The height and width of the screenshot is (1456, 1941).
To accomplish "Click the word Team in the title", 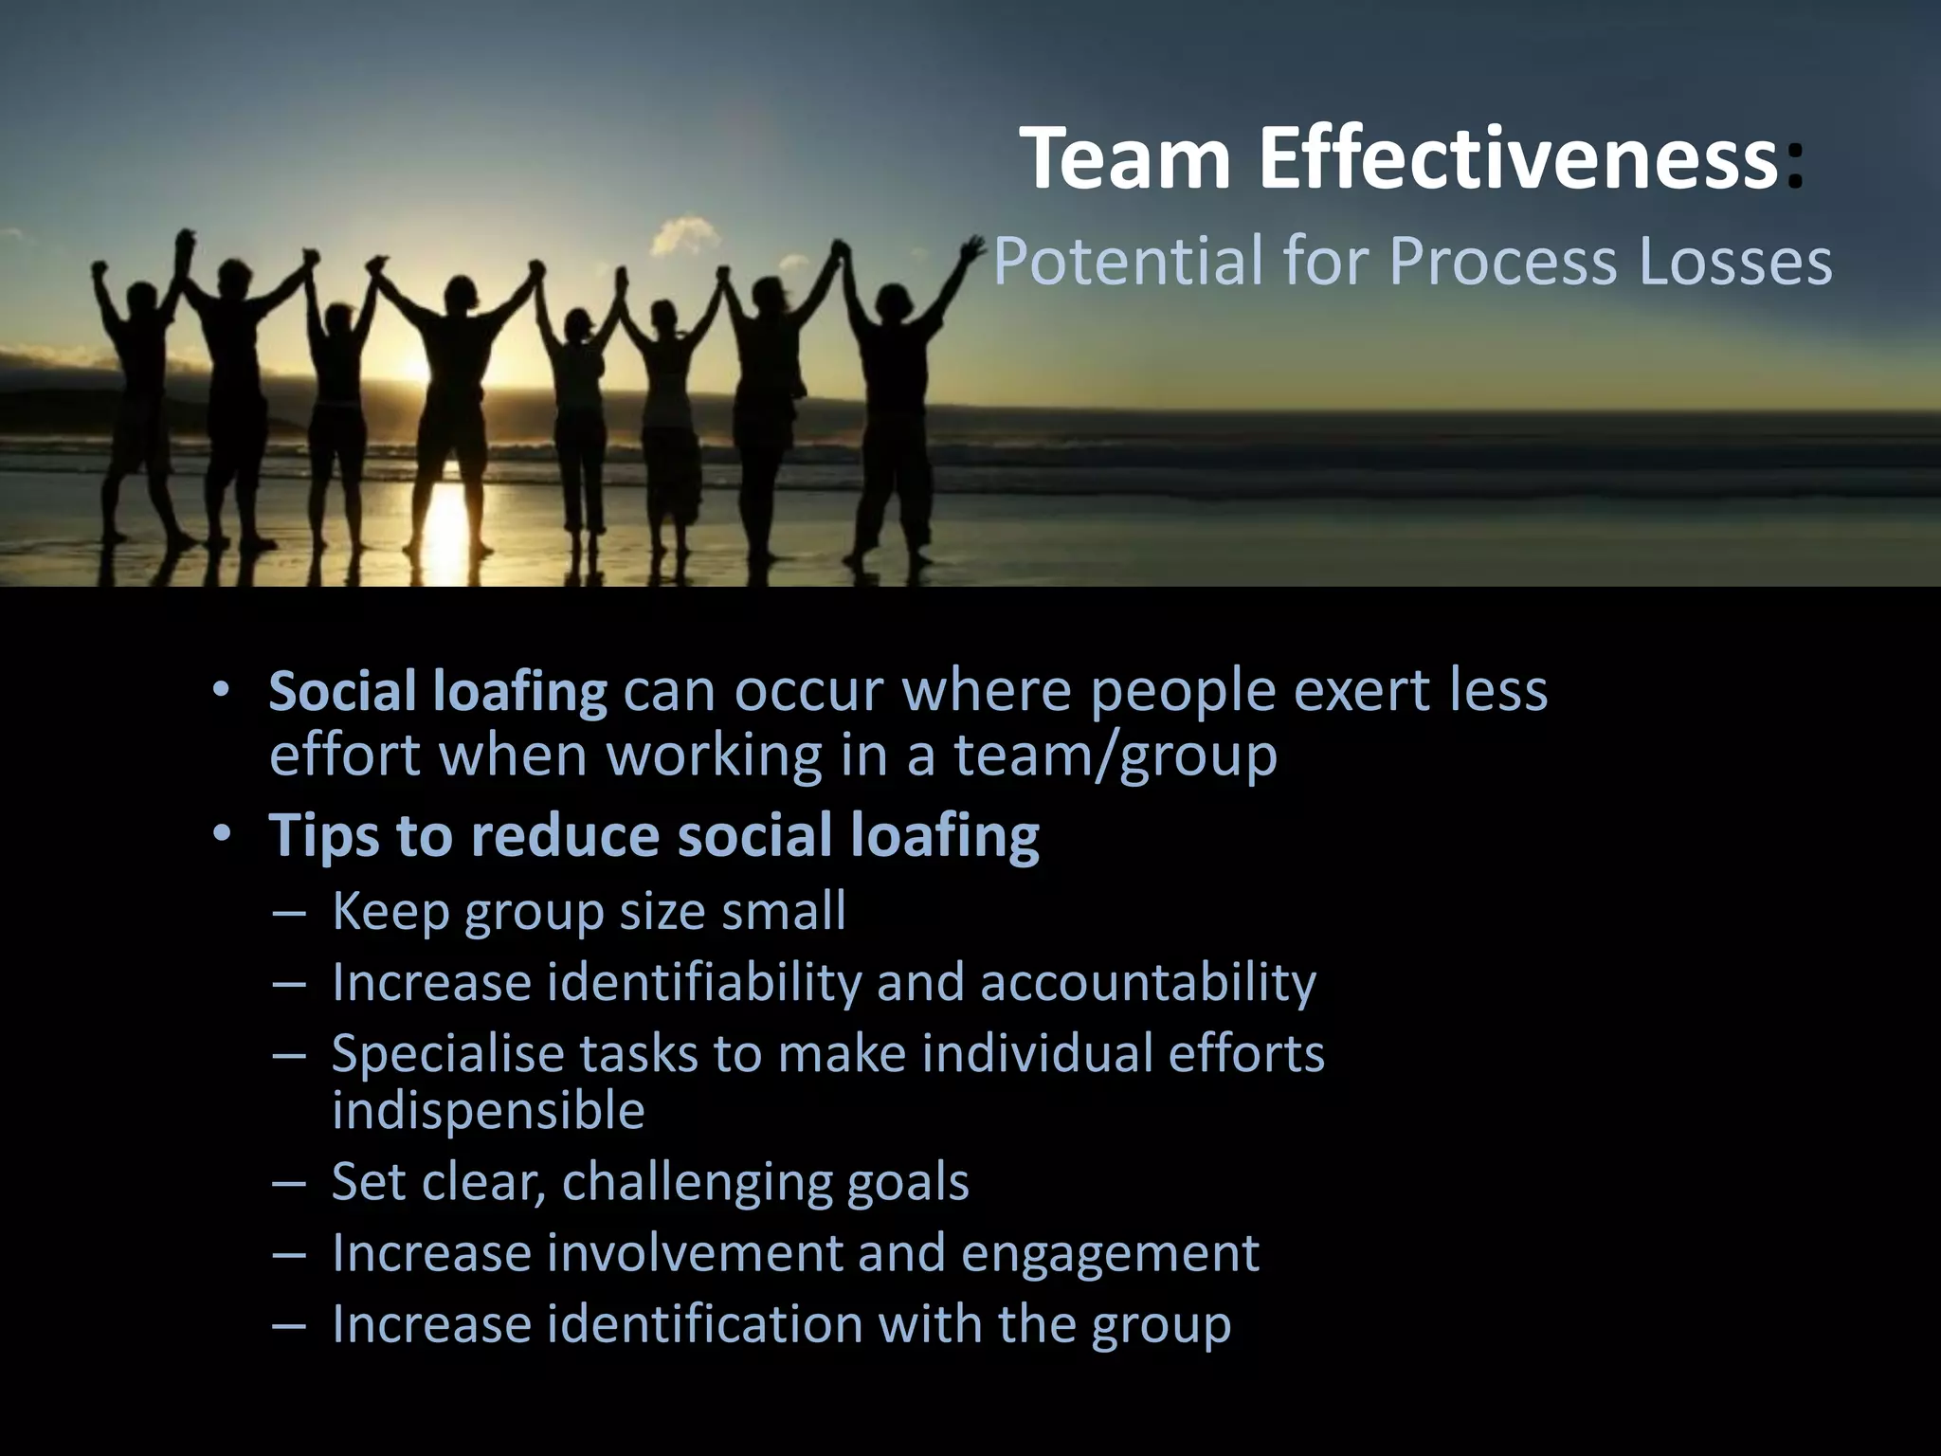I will click(x=1126, y=159).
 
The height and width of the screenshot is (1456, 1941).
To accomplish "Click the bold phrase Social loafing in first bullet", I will click(x=438, y=691).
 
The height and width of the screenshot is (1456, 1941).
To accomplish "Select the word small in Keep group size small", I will click(x=783, y=911).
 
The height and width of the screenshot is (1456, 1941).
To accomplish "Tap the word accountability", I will click(x=1148, y=983).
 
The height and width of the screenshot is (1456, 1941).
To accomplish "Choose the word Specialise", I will click(x=447, y=1054).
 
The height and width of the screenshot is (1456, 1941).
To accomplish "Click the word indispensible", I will click(x=488, y=1111).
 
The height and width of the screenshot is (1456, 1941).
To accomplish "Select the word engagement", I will click(x=1110, y=1253).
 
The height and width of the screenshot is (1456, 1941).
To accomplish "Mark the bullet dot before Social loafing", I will click(x=221, y=690).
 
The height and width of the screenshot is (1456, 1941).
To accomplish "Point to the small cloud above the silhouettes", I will click(x=684, y=233).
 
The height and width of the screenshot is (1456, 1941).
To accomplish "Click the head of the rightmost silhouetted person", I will click(x=893, y=302).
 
